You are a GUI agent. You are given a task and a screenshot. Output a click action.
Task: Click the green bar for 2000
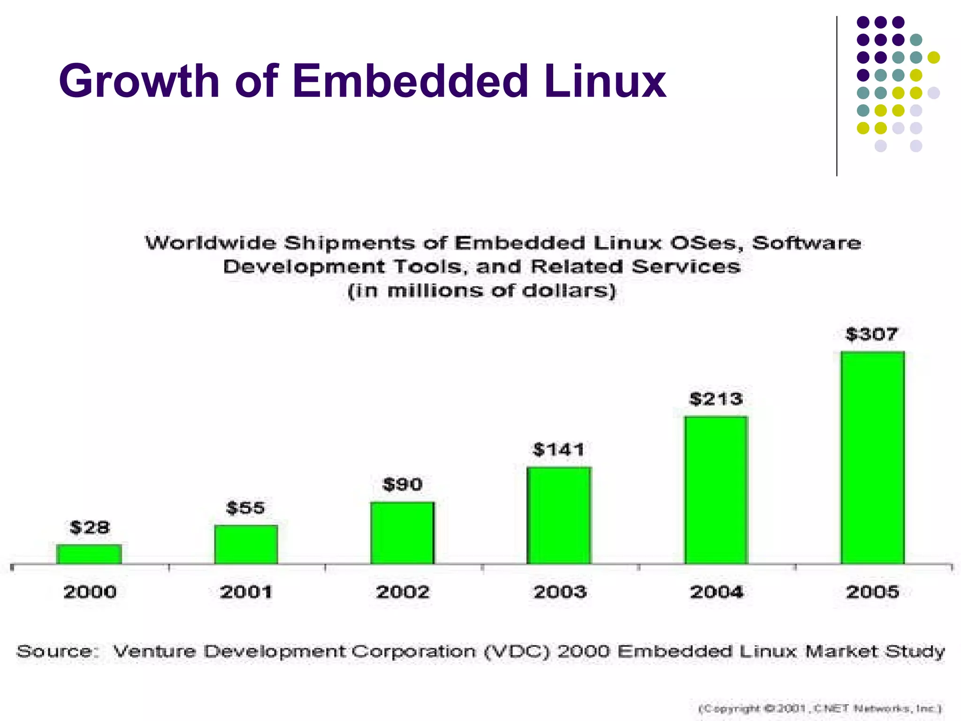pos(89,554)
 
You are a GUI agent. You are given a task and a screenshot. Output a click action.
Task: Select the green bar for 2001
pos(246,544)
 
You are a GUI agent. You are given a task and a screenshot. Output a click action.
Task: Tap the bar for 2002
pos(403,533)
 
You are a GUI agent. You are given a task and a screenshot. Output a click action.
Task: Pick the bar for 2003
pos(559,515)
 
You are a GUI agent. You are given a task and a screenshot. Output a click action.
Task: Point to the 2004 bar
pos(716,490)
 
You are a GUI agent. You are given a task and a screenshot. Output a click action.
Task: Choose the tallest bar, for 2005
pos(872,457)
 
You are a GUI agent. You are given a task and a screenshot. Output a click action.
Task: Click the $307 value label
pos(872,334)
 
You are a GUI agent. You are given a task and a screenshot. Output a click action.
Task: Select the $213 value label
pos(716,399)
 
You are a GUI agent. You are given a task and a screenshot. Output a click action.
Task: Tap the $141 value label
pos(559,450)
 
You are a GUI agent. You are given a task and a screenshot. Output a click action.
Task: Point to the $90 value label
pos(403,484)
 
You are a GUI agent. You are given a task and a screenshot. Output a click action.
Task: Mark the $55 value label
pos(245,508)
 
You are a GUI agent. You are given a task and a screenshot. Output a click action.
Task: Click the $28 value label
pos(90,528)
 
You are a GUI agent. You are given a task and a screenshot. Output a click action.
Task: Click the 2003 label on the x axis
pos(560,592)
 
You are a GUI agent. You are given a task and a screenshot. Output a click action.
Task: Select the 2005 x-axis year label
pos(872,592)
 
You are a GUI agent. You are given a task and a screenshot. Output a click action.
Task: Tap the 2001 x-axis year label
pos(246,592)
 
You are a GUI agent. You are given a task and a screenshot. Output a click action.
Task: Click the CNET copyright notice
pos(820,708)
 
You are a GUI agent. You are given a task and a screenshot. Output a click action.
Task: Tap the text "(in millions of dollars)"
pos(481,291)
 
